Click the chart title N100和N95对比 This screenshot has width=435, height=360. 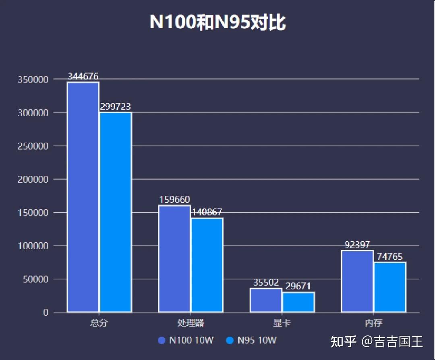[217, 22]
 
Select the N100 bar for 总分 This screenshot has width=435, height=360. [83, 197]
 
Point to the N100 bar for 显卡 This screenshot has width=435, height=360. [266, 300]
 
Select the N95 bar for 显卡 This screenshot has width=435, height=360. [298, 302]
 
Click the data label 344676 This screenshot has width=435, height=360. [83, 76]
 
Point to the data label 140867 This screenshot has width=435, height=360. [207, 212]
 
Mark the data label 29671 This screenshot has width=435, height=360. [298, 286]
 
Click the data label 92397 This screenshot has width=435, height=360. [357, 245]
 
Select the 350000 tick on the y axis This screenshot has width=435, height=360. [33, 79]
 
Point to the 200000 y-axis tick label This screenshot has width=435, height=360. [33, 179]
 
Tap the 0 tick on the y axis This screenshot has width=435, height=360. [46, 313]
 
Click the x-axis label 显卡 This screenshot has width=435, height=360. [282, 323]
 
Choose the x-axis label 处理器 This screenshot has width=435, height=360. [191, 323]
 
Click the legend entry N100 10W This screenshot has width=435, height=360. [186, 340]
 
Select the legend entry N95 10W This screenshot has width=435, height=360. [252, 340]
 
